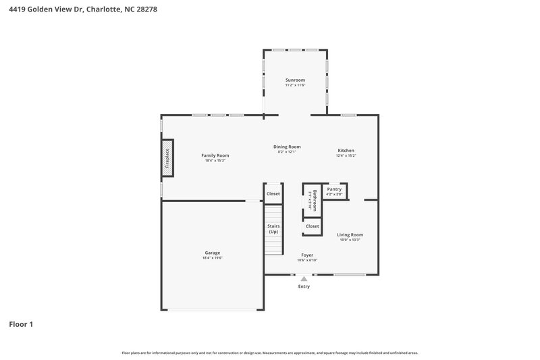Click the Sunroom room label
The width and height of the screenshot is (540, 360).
[x=295, y=80]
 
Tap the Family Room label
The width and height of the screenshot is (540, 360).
[x=215, y=155]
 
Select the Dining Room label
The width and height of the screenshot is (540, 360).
[x=287, y=147]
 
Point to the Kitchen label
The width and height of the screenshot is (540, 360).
[x=346, y=151]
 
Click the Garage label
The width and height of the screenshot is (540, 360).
[x=213, y=253]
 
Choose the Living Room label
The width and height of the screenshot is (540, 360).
[x=350, y=235]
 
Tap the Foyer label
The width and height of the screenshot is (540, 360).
[x=307, y=255]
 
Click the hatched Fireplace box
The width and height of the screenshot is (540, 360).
[x=167, y=159]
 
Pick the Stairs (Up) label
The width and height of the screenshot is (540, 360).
[x=273, y=228]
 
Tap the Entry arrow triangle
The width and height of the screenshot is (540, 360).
[x=304, y=278]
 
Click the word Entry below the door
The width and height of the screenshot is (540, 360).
[x=304, y=286]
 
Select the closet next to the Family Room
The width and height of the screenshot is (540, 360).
[x=273, y=194]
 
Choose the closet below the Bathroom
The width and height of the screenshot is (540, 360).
[x=312, y=226]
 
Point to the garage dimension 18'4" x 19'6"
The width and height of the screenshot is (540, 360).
[x=213, y=258]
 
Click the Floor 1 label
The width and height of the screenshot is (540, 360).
[x=21, y=324]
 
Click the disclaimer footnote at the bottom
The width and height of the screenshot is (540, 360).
[x=269, y=353]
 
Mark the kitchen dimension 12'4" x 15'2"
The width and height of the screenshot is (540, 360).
[x=346, y=156]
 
